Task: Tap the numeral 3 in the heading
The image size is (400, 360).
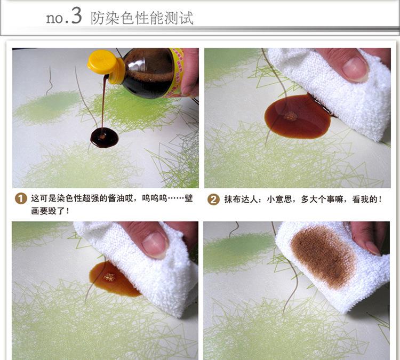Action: coord(76,16)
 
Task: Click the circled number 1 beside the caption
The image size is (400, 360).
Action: coord(21,198)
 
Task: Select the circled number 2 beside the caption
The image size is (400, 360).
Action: coord(213,199)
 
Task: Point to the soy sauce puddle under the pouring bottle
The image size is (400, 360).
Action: coord(105,138)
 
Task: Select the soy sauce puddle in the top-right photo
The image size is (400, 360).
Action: coord(298,116)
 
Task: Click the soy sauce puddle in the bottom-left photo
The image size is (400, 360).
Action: coord(114,278)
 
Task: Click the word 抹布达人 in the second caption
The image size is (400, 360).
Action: coord(241,199)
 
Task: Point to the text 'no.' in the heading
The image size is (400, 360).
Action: coord(57,18)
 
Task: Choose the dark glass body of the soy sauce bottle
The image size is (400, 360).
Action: coord(147,73)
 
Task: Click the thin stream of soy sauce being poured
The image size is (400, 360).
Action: coord(103,102)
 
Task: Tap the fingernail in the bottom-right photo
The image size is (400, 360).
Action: coord(372,248)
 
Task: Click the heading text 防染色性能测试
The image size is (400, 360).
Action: coord(142,18)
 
